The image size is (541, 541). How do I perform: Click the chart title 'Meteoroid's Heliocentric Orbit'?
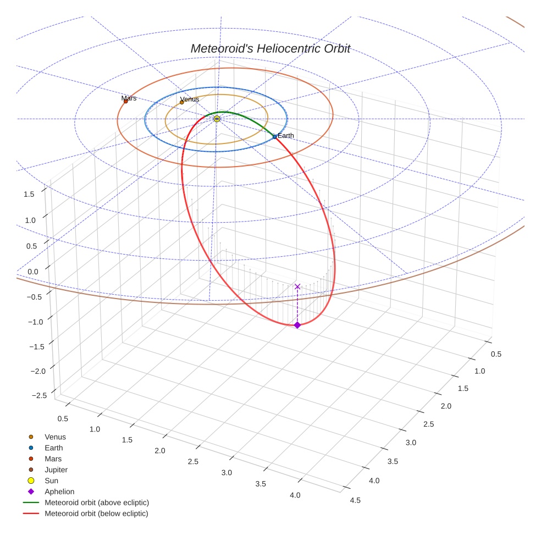pyautogui.click(x=270, y=48)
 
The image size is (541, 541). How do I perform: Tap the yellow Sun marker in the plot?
pyautogui.click(x=217, y=119)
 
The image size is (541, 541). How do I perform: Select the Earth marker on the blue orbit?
pyautogui.click(x=274, y=136)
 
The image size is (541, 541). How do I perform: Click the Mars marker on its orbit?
pyautogui.click(x=125, y=101)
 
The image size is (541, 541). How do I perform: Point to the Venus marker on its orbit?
pyautogui.click(x=182, y=102)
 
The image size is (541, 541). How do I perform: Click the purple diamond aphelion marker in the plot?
pyautogui.click(x=297, y=325)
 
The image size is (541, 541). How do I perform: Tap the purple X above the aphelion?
pyautogui.click(x=297, y=286)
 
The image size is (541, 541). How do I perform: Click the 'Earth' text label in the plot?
pyautogui.click(x=286, y=135)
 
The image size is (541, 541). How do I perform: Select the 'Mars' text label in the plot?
pyautogui.click(x=129, y=98)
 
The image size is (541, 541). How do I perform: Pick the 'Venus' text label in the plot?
pyautogui.click(x=190, y=99)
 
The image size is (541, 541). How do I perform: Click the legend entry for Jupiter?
pyautogui.click(x=56, y=470)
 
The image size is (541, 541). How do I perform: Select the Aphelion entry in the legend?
pyautogui.click(x=59, y=492)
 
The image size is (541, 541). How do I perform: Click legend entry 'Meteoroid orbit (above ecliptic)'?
pyautogui.click(x=96, y=503)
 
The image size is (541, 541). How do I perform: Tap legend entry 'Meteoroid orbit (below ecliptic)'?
pyautogui.click(x=96, y=514)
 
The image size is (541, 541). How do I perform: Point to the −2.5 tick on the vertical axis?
pyautogui.click(x=39, y=395)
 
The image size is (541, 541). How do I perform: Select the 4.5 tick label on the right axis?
pyautogui.click(x=355, y=500)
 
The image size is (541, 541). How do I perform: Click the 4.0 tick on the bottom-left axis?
pyautogui.click(x=295, y=495)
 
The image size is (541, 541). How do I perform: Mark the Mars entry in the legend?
pyautogui.click(x=53, y=459)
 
